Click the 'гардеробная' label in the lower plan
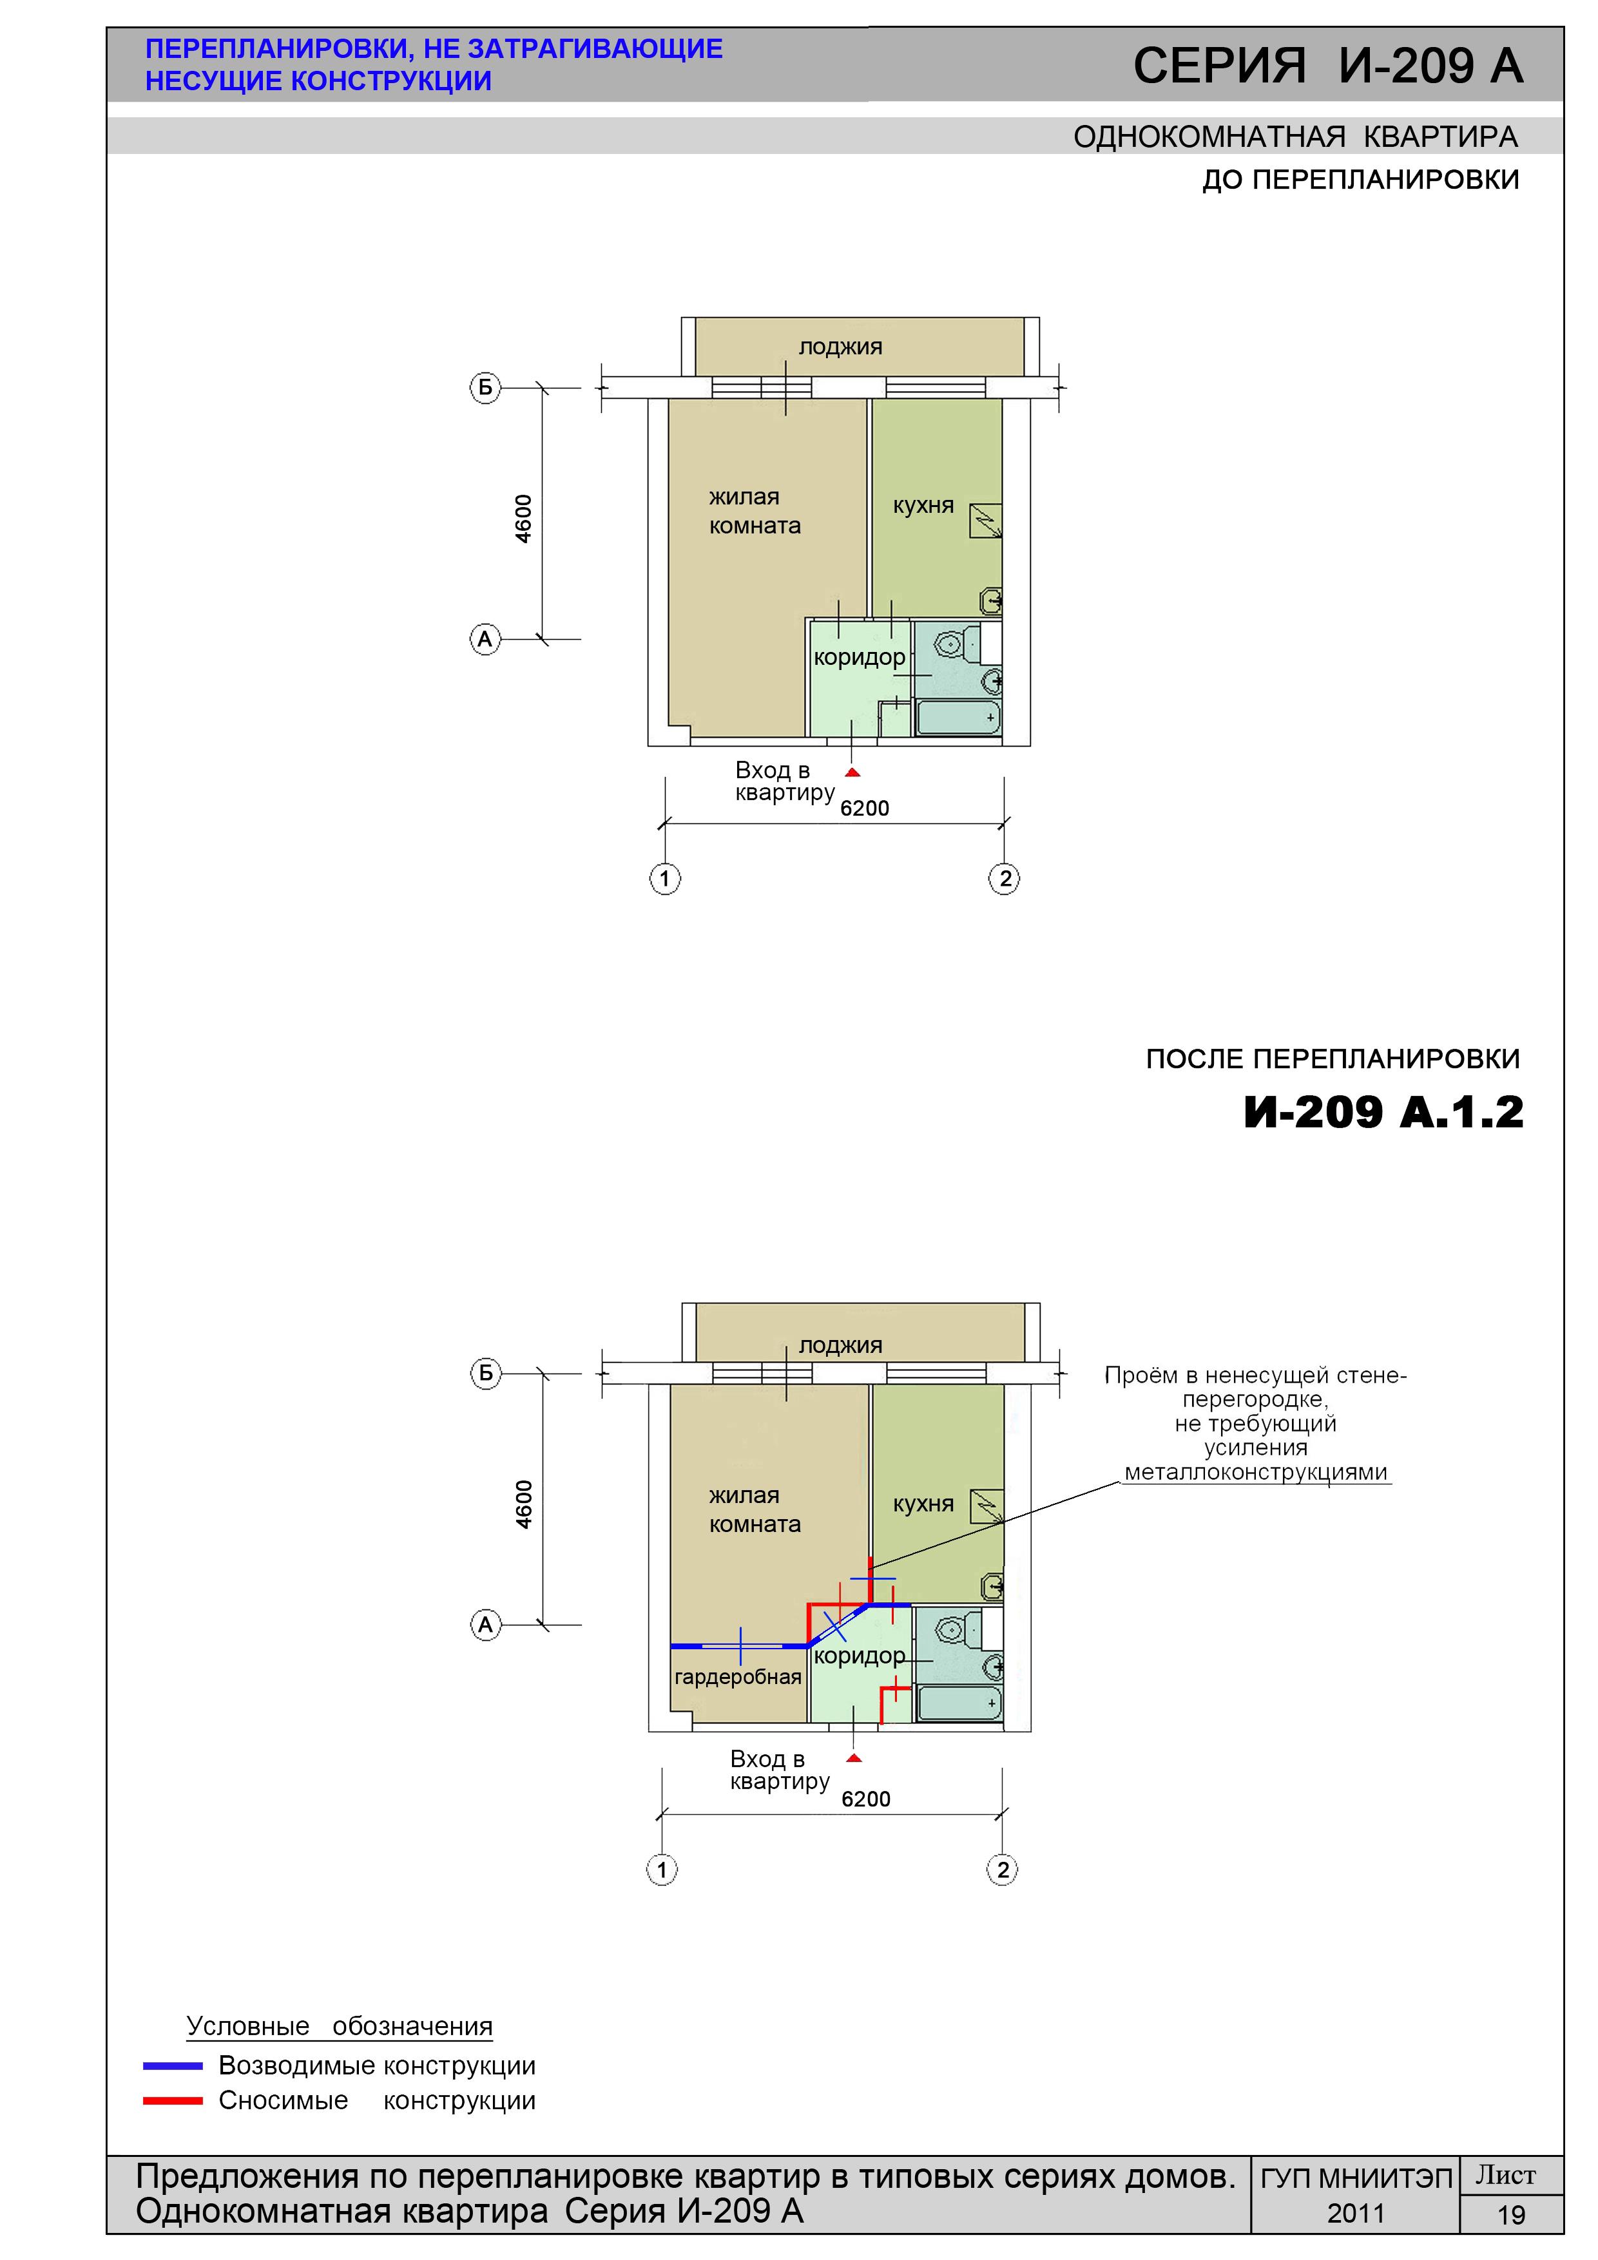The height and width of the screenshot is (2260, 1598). (x=737, y=1676)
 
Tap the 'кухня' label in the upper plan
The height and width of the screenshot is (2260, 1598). (x=923, y=506)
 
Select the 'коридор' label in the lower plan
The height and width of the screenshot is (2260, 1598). (x=858, y=1656)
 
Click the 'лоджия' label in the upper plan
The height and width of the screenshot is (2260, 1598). (x=840, y=347)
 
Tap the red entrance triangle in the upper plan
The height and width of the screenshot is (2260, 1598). (x=852, y=772)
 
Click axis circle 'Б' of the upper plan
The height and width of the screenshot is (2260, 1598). (x=485, y=388)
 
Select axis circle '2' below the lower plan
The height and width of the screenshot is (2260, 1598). (x=1003, y=1869)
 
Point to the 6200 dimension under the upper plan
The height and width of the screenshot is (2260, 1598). (x=865, y=808)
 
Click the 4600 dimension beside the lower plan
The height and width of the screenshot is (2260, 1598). (x=524, y=1504)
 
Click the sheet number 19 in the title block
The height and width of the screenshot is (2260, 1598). (x=1512, y=2215)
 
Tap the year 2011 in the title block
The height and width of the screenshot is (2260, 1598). (x=1356, y=2214)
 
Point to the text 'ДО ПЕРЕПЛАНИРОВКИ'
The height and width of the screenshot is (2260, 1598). (x=1361, y=180)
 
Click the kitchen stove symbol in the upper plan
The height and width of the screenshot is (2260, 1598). (x=986, y=521)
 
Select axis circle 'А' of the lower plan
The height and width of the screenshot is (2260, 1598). (x=485, y=1624)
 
